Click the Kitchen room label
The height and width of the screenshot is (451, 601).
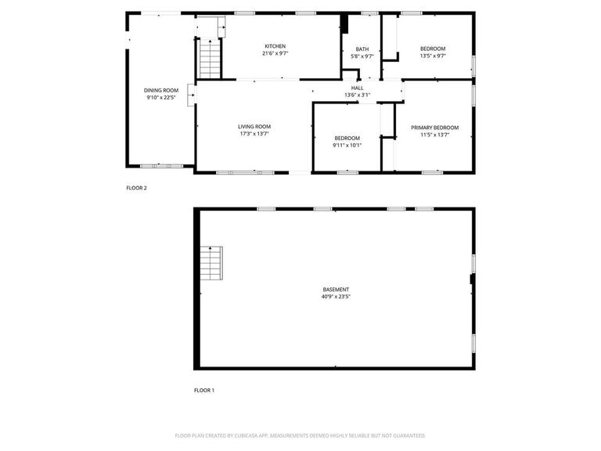(x=275, y=46)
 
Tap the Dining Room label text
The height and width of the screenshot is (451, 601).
(x=161, y=91)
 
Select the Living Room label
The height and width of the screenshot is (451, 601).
(x=254, y=126)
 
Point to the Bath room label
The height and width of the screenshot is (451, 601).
(x=362, y=49)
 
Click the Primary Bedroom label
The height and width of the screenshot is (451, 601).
(x=434, y=128)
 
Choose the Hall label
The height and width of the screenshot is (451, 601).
(x=357, y=88)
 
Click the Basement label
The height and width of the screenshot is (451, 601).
(x=335, y=290)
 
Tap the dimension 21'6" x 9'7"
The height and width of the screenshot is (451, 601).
(x=275, y=54)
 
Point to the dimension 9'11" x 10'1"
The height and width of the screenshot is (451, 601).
(x=347, y=145)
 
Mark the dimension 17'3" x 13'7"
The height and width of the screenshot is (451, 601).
(x=254, y=134)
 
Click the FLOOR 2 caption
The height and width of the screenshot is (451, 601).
(x=137, y=188)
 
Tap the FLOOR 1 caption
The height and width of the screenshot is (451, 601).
(x=204, y=390)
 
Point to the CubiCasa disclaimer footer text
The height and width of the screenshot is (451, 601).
(x=300, y=435)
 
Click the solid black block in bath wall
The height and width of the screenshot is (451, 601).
(x=344, y=23)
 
